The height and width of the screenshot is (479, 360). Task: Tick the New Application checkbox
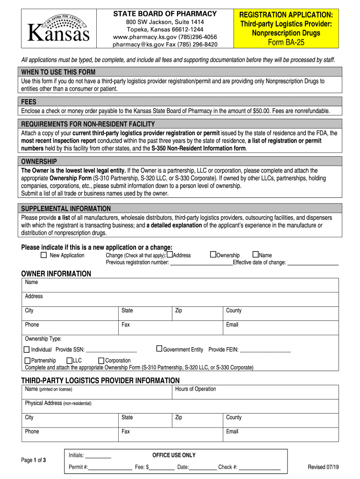44,255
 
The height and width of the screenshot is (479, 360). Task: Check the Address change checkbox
170,254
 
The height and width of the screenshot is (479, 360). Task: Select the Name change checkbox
255,254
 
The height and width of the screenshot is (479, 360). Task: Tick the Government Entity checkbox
159,348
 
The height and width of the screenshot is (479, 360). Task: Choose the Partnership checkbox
27,361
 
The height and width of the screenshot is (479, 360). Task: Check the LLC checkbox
69,361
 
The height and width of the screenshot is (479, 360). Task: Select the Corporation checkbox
101,361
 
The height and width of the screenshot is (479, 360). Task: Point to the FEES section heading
29,102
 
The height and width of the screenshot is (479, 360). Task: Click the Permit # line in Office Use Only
110,467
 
